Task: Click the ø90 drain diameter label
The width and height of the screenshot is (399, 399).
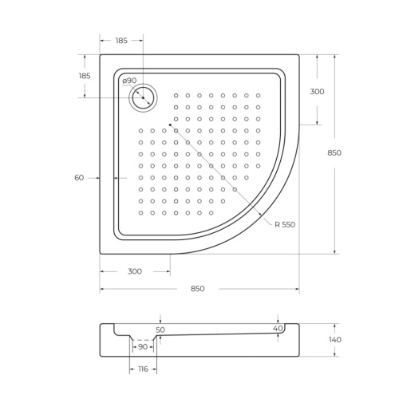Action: click(129, 81)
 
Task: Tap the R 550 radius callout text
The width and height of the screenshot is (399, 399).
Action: click(285, 224)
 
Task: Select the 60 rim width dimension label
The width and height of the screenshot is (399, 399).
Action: click(79, 177)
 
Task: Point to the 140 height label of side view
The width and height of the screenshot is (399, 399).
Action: click(335, 339)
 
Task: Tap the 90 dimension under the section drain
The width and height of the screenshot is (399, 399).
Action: click(143, 346)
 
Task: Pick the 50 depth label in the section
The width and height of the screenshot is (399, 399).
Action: click(160, 329)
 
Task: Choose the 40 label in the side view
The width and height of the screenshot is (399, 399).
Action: click(277, 328)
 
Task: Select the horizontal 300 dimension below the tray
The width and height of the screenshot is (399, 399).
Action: click(134, 271)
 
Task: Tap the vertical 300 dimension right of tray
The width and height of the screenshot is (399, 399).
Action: click(317, 91)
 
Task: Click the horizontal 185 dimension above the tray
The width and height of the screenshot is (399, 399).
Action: click(121, 39)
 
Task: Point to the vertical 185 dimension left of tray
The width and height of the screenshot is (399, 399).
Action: click(85, 75)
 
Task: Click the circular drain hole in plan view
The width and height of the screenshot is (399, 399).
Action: click(144, 98)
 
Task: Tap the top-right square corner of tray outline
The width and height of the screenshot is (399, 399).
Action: click(298, 55)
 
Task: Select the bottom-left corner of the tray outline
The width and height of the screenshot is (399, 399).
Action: click(101, 253)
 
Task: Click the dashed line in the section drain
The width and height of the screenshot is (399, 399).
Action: click(144, 340)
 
